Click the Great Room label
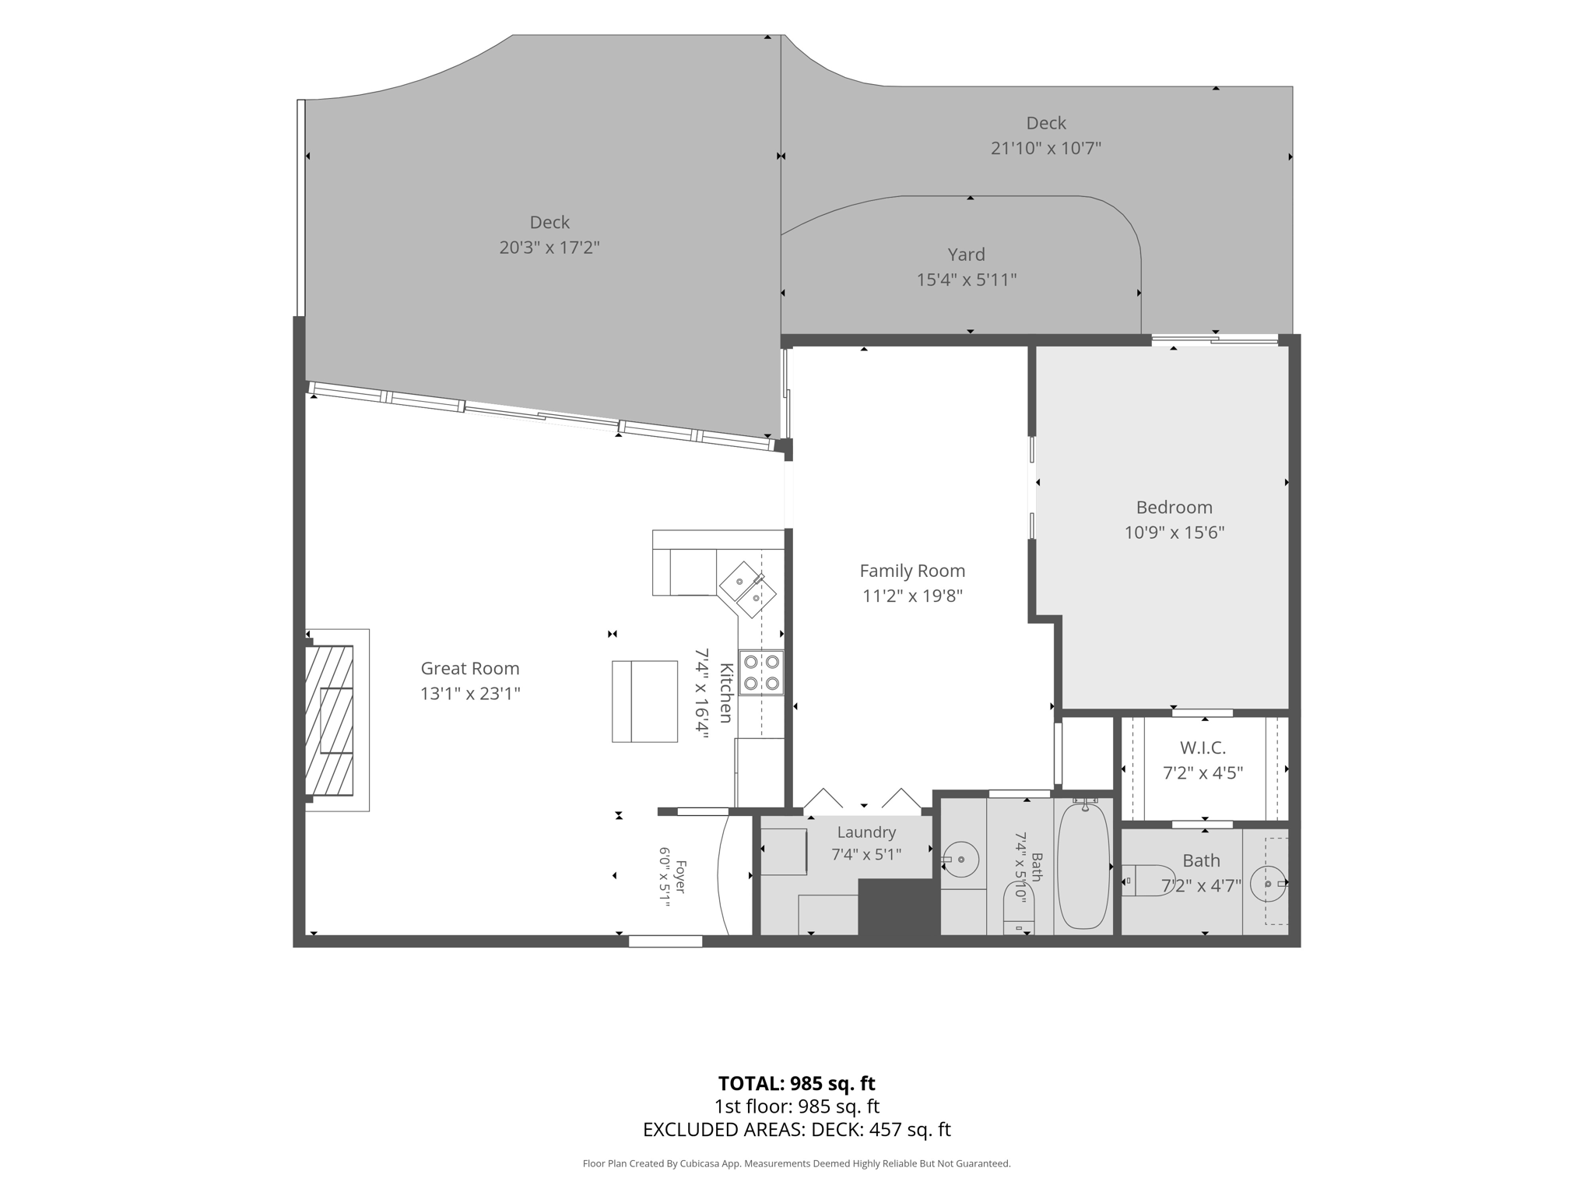[x=470, y=668]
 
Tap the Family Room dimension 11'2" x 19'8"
[x=912, y=596]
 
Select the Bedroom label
[x=1174, y=508]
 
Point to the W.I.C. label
[x=1203, y=748]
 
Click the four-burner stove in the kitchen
[x=761, y=673]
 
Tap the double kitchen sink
[x=747, y=589]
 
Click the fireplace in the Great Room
[x=329, y=720]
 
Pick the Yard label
[x=967, y=255]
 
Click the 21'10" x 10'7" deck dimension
[x=1046, y=148]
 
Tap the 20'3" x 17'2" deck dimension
[x=549, y=248]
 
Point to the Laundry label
[x=866, y=832]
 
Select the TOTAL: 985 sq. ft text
[x=796, y=1083]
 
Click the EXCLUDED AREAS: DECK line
[x=796, y=1129]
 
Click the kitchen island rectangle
[x=644, y=702]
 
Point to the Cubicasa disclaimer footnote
[x=796, y=1163]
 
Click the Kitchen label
[x=725, y=693]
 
